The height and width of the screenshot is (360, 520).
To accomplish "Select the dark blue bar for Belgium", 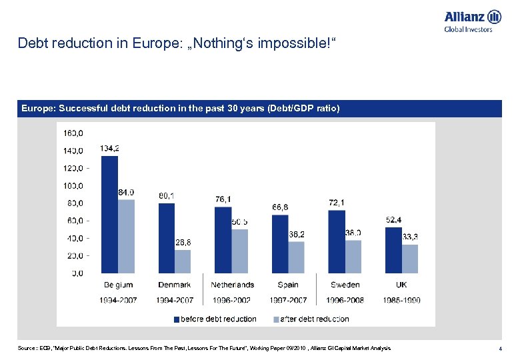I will coord(109,214).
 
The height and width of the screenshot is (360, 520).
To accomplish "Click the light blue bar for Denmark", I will coord(183,261).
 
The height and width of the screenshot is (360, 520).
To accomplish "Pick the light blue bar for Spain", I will coord(297,257).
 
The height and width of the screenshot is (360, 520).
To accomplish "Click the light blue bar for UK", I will coord(410,258).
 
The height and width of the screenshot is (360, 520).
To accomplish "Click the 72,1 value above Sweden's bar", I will coord(337,202).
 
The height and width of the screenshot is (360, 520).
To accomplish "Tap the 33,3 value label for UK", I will coord(411,237).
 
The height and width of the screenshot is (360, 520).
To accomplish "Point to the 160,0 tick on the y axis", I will coord(73,133).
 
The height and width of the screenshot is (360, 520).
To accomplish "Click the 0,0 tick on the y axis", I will coord(77,273).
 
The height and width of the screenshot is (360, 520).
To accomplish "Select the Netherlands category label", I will coord(232,285).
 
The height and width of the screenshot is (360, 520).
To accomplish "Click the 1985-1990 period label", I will coord(402,300).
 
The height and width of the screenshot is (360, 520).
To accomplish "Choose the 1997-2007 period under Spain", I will coord(288,300).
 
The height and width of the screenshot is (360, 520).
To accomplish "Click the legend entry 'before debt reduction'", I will coord(218,319).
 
